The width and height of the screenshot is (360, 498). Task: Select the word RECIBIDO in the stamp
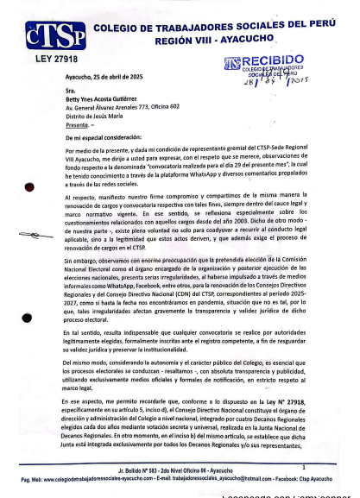click(273, 60)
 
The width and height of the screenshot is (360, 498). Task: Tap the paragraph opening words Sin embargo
click(82, 261)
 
